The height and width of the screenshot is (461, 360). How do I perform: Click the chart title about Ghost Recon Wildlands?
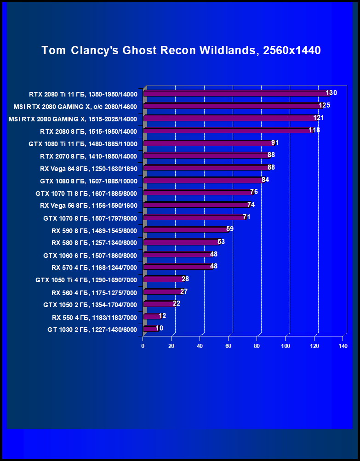[x=181, y=51]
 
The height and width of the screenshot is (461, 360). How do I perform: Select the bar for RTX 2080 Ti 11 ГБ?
[x=237, y=93]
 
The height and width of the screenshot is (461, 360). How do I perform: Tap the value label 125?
[x=325, y=106]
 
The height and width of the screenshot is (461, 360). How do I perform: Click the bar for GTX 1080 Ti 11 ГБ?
[x=209, y=143]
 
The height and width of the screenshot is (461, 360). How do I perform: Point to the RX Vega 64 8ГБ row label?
[x=88, y=168]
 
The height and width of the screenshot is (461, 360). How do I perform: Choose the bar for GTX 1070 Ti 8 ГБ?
[x=199, y=193]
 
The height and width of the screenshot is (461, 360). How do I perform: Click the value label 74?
[x=251, y=205]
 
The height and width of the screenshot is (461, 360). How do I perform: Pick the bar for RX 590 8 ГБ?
[x=186, y=230]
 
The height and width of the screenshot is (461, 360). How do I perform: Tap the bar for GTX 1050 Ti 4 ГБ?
[x=164, y=279]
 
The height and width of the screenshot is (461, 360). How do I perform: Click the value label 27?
[x=184, y=292]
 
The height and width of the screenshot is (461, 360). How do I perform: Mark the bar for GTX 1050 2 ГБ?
[x=160, y=304]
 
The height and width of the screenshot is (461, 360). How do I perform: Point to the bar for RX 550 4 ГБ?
[x=152, y=317]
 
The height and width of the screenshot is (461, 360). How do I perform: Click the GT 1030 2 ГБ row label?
[x=92, y=330]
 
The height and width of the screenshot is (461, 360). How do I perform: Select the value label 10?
[x=159, y=329]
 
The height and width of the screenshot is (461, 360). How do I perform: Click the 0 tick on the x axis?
[x=143, y=346]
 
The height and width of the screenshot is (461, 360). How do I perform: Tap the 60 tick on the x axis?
[x=229, y=346]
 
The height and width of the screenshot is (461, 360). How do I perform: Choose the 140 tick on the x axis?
[x=343, y=346]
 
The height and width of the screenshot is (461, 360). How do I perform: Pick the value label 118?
[x=314, y=131]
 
